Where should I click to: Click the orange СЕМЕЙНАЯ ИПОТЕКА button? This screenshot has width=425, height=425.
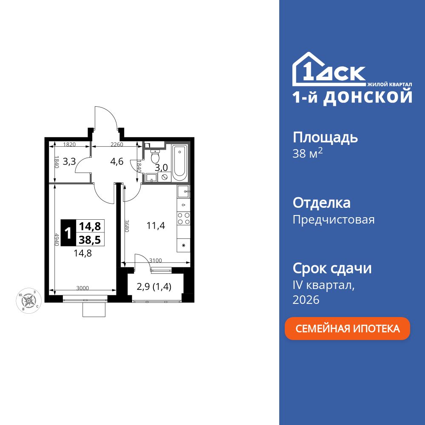[x=347, y=329]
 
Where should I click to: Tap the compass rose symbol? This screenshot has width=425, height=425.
[x=28, y=300]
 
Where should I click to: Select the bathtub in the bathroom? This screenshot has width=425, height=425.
[x=180, y=161]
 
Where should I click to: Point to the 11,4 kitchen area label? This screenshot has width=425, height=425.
[x=156, y=226]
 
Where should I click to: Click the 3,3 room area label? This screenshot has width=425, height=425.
[x=69, y=161]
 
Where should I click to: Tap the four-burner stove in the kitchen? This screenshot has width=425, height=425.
[x=184, y=218]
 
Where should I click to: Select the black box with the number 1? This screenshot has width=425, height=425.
[x=67, y=233]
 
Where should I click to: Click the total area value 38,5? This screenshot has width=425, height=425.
[x=90, y=240]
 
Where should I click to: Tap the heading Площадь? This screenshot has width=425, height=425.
[x=325, y=137]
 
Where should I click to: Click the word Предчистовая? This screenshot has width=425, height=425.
[x=334, y=220]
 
